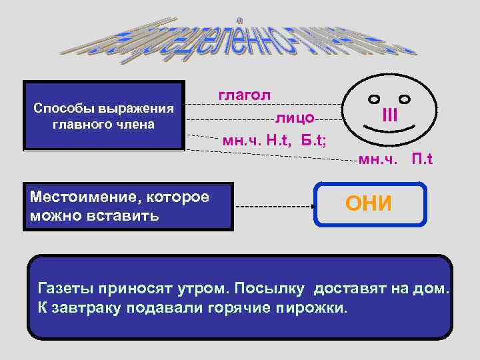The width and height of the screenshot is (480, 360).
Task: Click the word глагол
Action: pos(245,95)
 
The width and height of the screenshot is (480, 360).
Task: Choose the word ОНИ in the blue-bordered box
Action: pos(369,204)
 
